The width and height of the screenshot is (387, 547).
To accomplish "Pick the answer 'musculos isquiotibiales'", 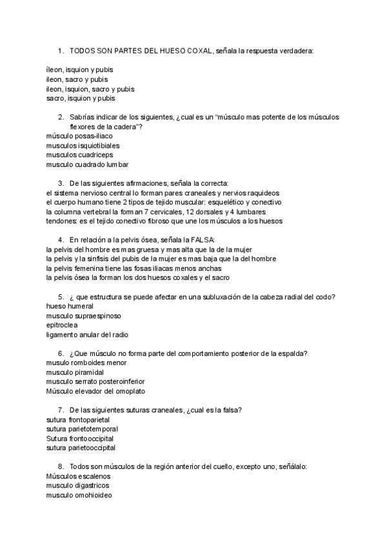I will (83, 146).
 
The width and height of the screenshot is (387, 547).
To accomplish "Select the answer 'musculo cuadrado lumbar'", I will (87, 164).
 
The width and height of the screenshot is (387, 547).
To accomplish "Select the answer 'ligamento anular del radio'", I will (87, 335).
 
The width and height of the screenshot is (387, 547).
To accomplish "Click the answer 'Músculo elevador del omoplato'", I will (95, 391).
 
